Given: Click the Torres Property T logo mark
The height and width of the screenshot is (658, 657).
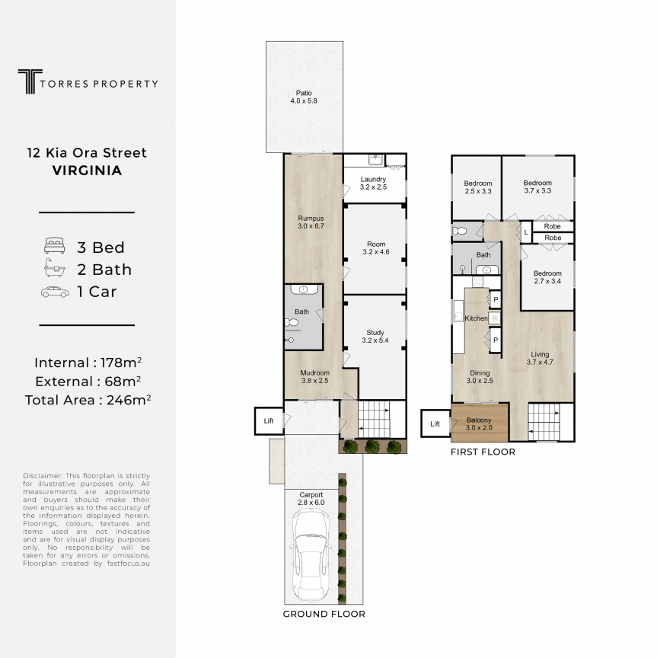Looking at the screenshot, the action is [x=30, y=81].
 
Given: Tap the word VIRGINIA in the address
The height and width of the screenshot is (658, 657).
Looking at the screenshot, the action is [x=88, y=171].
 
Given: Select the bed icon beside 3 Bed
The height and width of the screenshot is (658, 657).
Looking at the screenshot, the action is [x=55, y=246].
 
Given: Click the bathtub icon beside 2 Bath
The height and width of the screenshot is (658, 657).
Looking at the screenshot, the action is [x=55, y=268].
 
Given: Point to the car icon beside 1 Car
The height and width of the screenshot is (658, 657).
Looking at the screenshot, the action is [x=55, y=292].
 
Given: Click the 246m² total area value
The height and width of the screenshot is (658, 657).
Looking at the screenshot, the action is [x=129, y=400].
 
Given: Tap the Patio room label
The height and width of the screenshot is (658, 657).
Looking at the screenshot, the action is [x=304, y=97].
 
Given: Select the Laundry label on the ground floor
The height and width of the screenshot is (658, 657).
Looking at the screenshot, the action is [x=373, y=183].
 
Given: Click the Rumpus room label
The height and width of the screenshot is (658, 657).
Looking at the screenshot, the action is [x=311, y=222].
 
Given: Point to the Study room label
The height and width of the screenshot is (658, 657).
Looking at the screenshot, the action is [x=375, y=337].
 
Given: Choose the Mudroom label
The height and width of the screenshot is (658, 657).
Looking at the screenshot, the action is [x=314, y=377].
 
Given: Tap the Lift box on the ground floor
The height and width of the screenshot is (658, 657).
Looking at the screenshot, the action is [x=269, y=421].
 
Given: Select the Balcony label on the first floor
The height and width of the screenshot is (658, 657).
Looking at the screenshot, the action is [x=479, y=424].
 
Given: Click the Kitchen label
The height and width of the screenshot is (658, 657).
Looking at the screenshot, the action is [x=476, y=318].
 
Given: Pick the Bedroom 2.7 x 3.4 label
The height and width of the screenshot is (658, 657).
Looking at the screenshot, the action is [x=547, y=277].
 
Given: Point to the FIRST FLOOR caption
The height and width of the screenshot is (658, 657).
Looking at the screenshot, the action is [x=483, y=452].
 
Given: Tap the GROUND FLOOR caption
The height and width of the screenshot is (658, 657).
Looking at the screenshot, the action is [x=324, y=614].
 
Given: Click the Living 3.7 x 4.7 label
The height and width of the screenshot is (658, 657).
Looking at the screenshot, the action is [x=540, y=359].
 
